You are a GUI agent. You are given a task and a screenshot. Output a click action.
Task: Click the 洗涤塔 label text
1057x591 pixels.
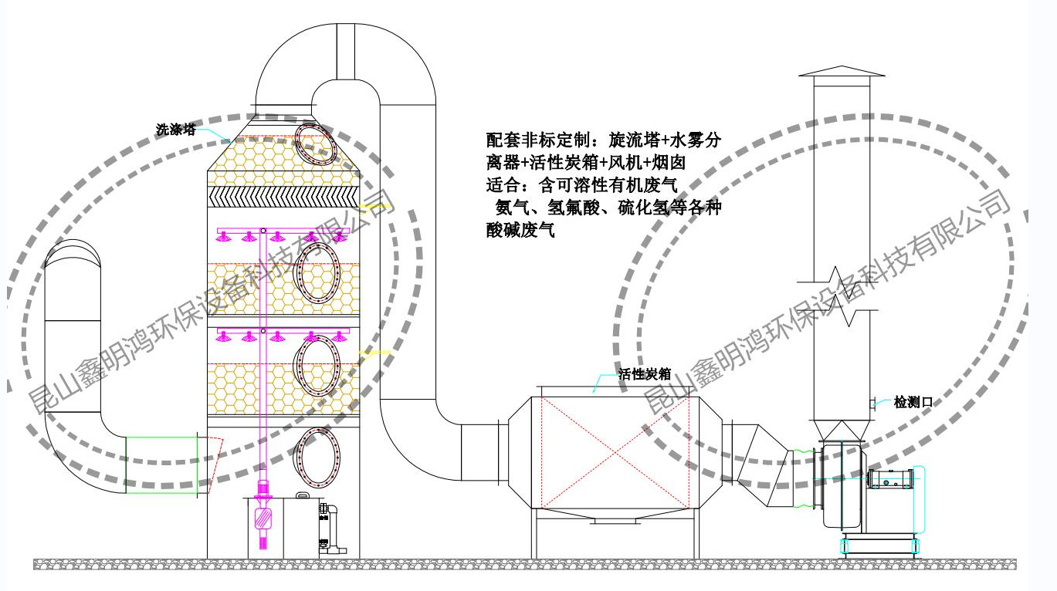tap(175, 130)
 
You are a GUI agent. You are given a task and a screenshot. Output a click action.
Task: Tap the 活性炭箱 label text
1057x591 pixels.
tap(645, 374)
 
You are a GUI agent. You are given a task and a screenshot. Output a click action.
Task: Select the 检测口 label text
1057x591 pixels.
tap(913, 402)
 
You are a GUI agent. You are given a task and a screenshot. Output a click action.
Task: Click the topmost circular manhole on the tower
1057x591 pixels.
tap(315, 144)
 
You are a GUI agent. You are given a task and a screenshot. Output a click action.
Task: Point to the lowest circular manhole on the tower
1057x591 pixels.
tap(318, 458)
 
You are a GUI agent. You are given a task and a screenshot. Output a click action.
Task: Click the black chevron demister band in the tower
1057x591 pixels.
tap(283, 197)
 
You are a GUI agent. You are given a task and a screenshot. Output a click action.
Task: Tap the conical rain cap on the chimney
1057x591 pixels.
tap(842, 71)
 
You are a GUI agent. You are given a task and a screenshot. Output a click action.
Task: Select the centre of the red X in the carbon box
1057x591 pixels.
tap(615, 452)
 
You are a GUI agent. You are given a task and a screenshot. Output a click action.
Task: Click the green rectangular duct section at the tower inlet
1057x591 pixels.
tap(161, 465)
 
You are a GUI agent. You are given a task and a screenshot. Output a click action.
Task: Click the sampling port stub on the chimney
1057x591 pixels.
tap(873, 402)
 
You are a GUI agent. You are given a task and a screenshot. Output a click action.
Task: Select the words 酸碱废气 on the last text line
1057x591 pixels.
tap(520, 230)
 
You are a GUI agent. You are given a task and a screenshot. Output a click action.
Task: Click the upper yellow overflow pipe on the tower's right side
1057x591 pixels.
tap(375, 206)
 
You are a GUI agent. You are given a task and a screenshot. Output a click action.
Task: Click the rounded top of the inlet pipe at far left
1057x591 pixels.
tap(73, 254)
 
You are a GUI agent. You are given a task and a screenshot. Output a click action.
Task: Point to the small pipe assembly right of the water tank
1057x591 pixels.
tap(332, 529)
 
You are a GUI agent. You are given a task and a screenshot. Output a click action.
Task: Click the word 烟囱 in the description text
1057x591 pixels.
tap(668, 162)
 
